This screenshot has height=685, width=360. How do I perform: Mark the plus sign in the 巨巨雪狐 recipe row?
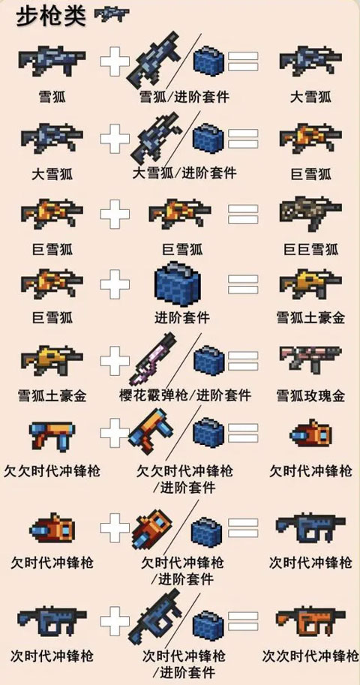[115, 216]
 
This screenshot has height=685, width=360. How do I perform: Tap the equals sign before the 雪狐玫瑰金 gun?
[243, 361]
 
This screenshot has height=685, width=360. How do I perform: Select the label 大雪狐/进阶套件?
[184, 173]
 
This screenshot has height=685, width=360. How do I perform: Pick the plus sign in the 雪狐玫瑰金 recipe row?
[115, 361]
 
